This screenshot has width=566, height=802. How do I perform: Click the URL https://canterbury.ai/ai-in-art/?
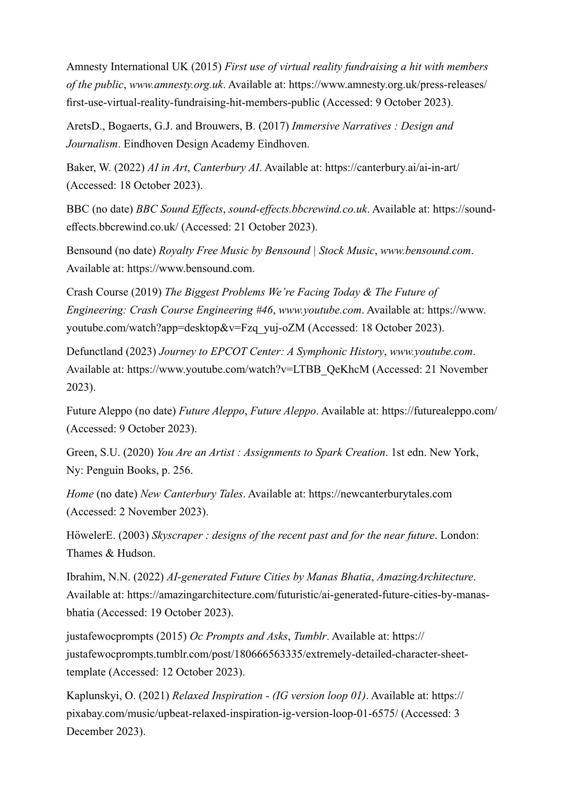pyautogui.click(x=392, y=167)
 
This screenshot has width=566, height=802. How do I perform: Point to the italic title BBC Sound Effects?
pyautogui.click(x=179, y=209)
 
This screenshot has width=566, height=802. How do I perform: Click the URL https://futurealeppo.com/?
pyautogui.click(x=439, y=411)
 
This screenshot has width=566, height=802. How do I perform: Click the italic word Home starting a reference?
pyautogui.click(x=80, y=494)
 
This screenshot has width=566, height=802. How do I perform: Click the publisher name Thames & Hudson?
pyautogui.click(x=110, y=554)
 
